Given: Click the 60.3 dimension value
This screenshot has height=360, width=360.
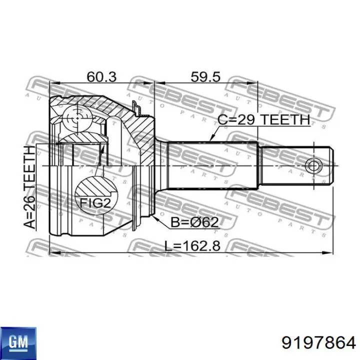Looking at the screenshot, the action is (x=101, y=76).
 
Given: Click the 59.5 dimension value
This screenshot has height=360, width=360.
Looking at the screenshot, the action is (x=205, y=76).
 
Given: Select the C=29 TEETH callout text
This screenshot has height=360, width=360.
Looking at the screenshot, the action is (x=263, y=119).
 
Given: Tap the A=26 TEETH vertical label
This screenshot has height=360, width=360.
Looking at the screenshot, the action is (x=30, y=187).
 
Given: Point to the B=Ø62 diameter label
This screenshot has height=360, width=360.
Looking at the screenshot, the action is (x=194, y=222).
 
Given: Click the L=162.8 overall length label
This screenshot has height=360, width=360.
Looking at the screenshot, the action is (x=192, y=245).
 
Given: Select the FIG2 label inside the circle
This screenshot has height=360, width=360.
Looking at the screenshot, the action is (x=95, y=202).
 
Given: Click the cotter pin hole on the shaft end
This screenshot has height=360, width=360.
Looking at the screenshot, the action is (x=313, y=165).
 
